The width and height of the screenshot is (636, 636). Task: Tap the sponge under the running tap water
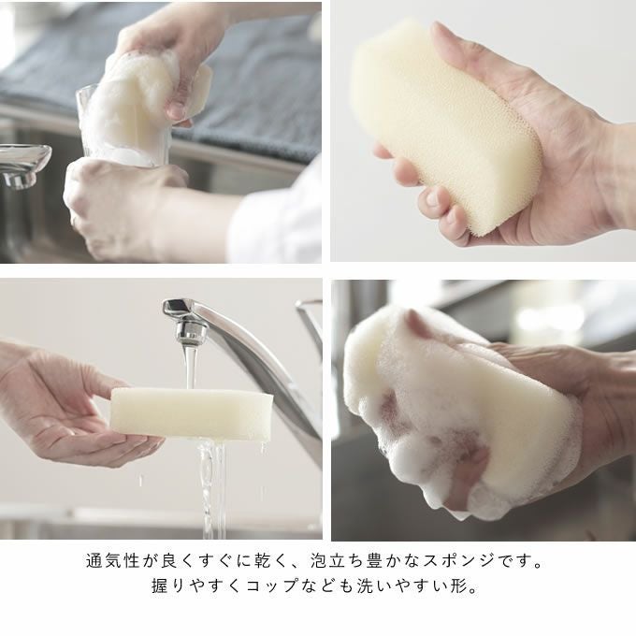[192, 413]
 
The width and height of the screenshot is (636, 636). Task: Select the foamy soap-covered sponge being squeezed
[458, 413]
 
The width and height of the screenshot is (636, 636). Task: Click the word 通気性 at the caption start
[112, 561]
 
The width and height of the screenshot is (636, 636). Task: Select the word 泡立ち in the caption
[337, 561]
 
